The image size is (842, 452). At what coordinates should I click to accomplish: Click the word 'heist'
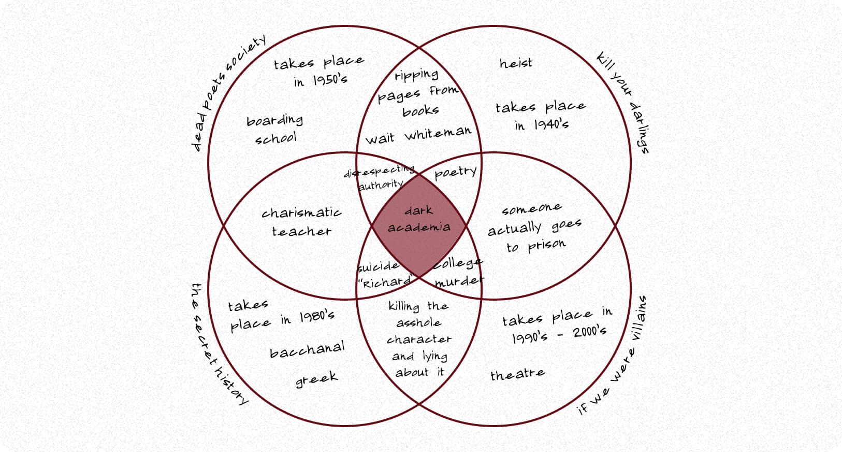point(516,63)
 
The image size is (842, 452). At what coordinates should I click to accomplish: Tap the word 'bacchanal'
point(307,350)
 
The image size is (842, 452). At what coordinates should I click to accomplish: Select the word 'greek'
point(316,379)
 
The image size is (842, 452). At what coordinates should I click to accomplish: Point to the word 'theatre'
point(518,374)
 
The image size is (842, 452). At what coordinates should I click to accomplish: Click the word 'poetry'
point(456,173)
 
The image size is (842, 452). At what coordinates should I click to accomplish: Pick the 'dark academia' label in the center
point(419,219)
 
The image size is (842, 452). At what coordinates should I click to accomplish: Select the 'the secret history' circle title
point(218,344)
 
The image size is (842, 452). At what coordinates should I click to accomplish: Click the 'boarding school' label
point(275,129)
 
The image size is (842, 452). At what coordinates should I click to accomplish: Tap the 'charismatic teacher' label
point(301,222)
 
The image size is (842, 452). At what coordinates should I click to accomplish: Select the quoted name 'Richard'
point(385,281)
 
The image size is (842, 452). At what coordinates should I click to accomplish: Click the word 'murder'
point(459,281)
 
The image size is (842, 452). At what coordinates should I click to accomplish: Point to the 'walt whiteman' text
point(418,135)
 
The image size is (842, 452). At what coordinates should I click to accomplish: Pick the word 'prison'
point(546,245)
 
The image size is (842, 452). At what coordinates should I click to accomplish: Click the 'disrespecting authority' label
point(380,178)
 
